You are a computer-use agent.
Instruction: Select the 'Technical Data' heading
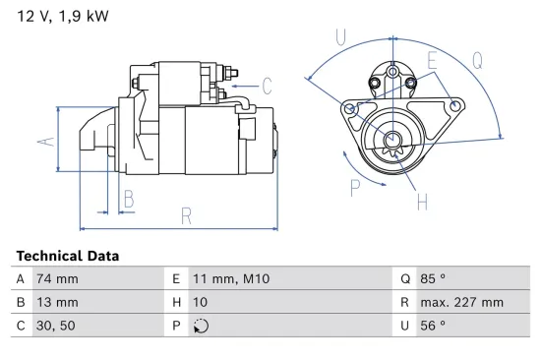click(x=67, y=256)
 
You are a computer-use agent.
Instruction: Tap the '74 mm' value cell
click(x=57, y=279)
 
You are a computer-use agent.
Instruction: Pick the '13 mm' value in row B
click(x=57, y=302)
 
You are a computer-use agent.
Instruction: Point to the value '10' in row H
click(x=199, y=302)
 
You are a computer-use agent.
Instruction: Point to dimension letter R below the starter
click(x=185, y=216)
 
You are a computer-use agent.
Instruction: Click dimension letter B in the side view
click(x=128, y=201)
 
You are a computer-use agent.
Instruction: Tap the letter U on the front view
click(x=339, y=37)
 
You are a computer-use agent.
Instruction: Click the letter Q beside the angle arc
click(x=477, y=59)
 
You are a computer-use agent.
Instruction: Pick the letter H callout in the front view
click(x=421, y=203)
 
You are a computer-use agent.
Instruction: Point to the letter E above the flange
click(x=431, y=61)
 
